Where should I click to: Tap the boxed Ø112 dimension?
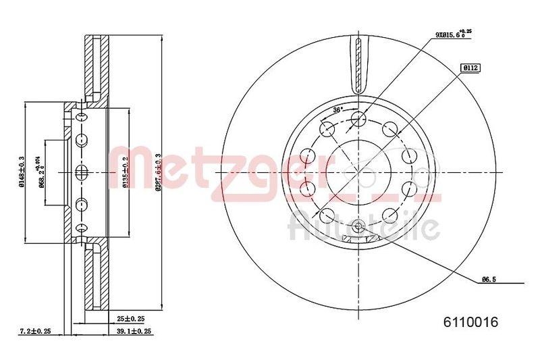coord(470,68)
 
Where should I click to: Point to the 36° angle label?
coord(338,109)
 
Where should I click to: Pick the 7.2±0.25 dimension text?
coord(36,332)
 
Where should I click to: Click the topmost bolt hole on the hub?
coord(358,120)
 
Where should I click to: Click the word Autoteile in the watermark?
coord(364,227)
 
